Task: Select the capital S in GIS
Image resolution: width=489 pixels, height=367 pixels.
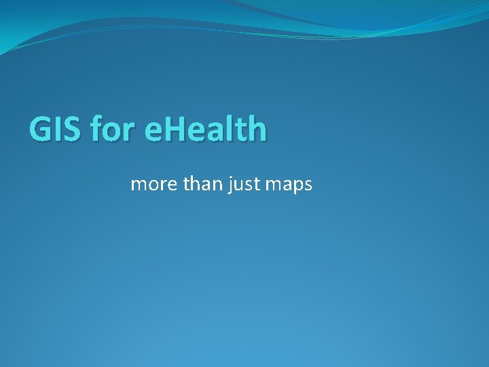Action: point(72,129)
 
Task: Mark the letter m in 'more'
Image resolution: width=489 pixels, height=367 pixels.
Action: point(139,185)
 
